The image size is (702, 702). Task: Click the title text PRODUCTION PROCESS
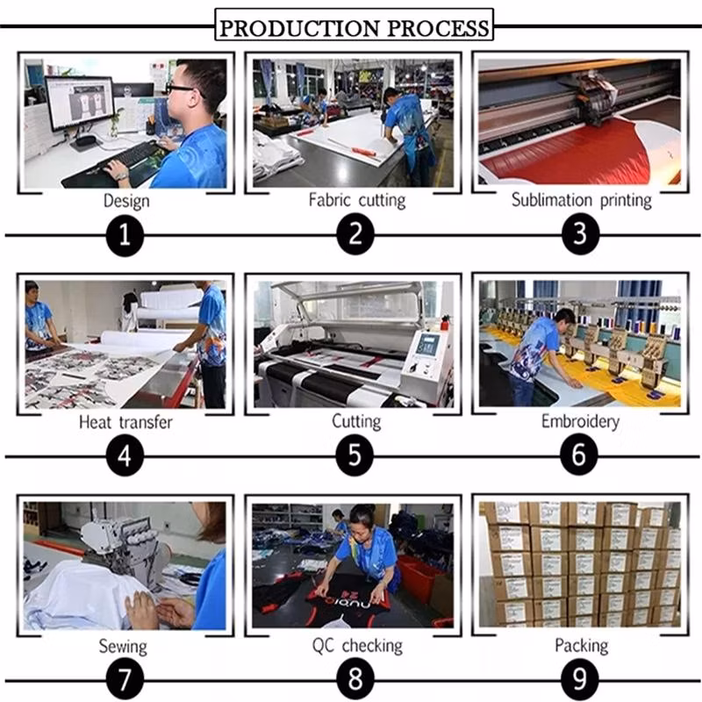(355, 28)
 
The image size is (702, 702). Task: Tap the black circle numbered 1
(125, 235)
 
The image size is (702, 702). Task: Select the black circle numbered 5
(355, 455)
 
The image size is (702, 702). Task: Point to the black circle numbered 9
(580, 677)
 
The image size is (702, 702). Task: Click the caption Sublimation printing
(581, 200)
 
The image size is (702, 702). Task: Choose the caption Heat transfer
(125, 422)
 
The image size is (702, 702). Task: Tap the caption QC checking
(357, 646)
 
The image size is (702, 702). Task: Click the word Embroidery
(580, 421)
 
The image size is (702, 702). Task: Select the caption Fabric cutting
(357, 200)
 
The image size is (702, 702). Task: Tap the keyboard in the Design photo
(131, 159)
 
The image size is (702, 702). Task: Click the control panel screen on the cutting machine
(426, 345)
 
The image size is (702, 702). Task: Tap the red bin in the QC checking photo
(420, 578)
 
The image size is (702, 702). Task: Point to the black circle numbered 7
(125, 678)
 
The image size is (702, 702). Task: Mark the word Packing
(581, 645)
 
